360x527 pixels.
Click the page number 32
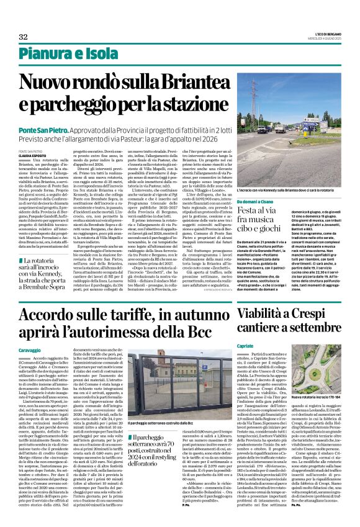(x=23, y=37)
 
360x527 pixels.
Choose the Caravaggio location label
(x=30, y=351)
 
